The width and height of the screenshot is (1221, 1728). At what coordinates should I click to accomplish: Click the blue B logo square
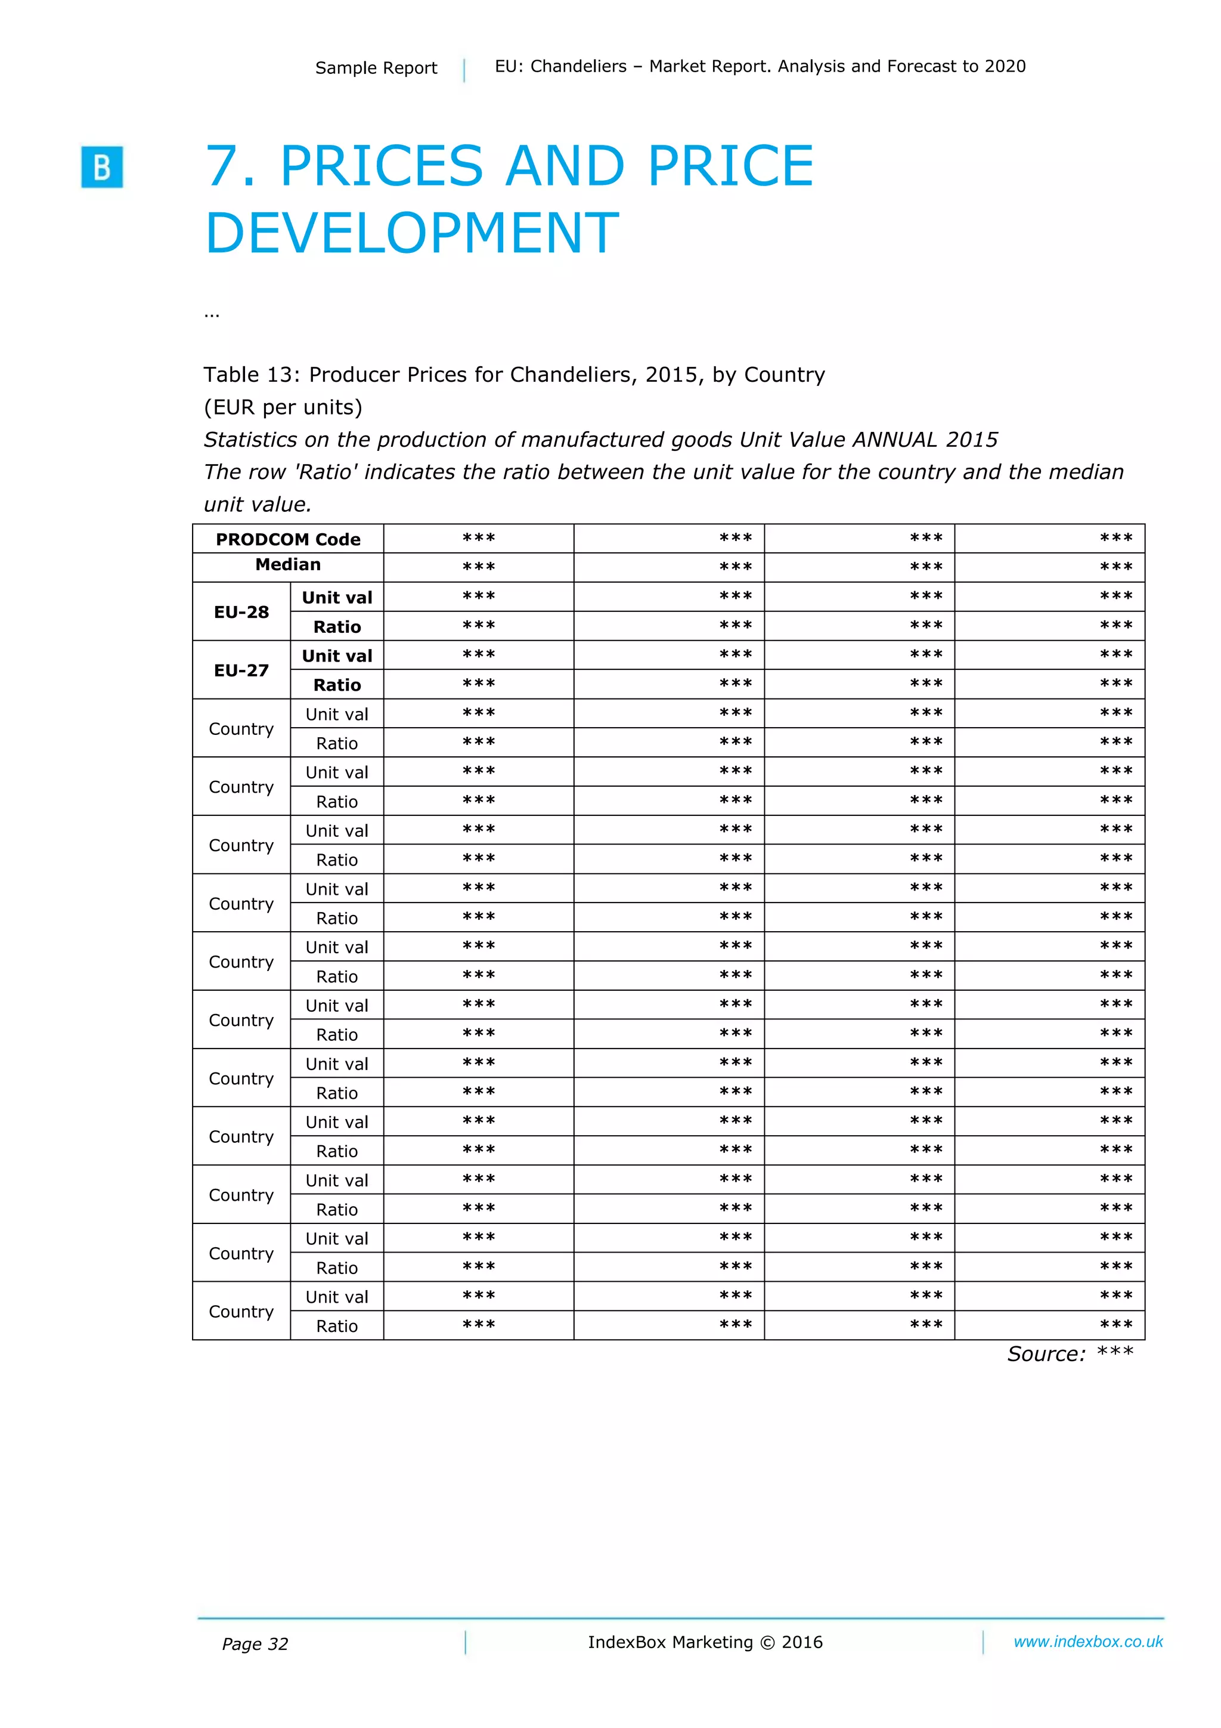tap(101, 166)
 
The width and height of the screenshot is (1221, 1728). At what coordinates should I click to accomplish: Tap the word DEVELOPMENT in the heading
tap(411, 233)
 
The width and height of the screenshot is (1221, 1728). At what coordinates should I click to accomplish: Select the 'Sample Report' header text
tap(376, 68)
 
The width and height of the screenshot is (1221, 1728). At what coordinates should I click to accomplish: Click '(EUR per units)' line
tap(283, 407)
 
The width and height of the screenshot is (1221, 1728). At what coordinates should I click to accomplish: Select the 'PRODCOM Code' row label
tap(287, 539)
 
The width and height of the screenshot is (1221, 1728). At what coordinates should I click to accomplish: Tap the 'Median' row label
tap(287, 564)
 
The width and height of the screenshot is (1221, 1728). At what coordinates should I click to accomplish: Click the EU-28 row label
tap(241, 612)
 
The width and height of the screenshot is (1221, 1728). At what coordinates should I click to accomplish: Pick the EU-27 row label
tap(241, 670)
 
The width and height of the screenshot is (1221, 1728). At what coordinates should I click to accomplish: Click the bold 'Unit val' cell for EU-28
tap(336, 598)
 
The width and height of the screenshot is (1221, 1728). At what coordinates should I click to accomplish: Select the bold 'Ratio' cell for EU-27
tap(336, 685)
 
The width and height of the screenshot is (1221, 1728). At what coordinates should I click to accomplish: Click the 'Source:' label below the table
tap(1046, 1354)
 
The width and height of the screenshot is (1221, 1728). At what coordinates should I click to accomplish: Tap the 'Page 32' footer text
tap(255, 1644)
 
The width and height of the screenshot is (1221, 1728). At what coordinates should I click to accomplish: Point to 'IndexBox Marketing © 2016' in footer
tap(705, 1642)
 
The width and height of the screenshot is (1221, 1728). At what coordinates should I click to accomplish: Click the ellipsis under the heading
tap(212, 314)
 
